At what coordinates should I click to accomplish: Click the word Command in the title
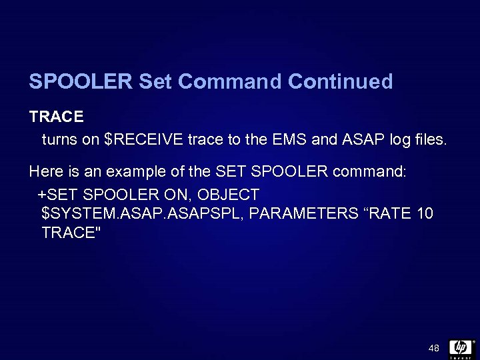pos(231,82)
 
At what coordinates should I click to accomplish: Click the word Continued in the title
pos(341,82)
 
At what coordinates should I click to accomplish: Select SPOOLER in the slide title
pos(81,82)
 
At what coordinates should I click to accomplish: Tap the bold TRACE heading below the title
pos(57,117)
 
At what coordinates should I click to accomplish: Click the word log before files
pos(391,141)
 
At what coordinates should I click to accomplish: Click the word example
pos(137,171)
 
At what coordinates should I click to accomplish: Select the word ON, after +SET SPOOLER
pos(176,195)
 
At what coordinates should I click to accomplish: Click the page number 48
pos(434,348)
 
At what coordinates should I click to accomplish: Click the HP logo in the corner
pos(461,348)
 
